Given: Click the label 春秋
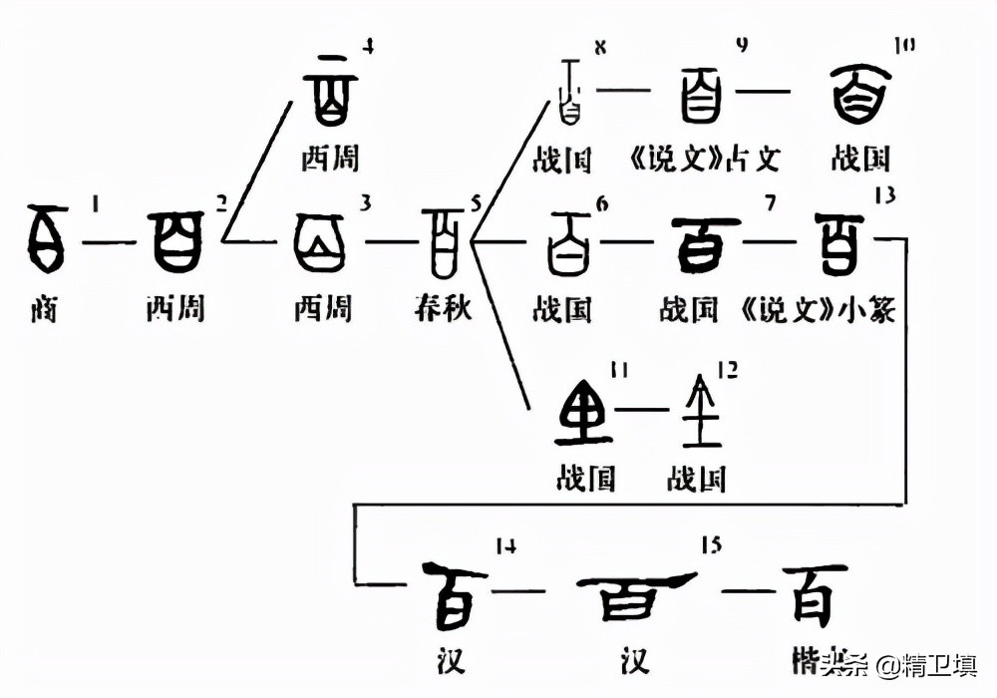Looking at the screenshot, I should pos(442,307).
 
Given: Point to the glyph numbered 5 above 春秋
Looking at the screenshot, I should pos(442,240).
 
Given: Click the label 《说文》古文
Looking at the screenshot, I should pos(706,158).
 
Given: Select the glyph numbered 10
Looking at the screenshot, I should pos(860,95).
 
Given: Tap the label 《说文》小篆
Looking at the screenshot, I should pos(820,309).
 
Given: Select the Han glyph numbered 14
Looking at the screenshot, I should pos(454,595).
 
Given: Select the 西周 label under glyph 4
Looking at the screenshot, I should pos(330,158).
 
